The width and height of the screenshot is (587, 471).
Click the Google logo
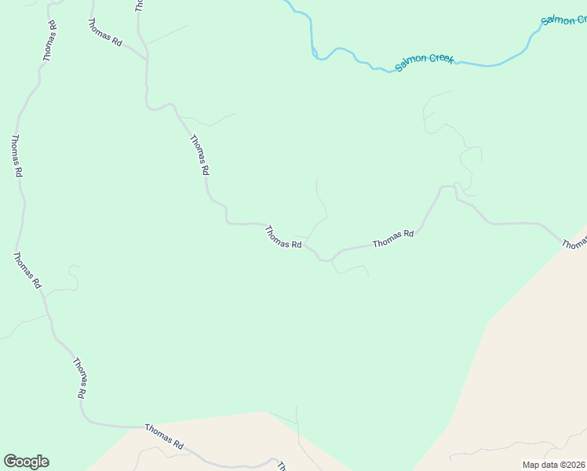point(26,462)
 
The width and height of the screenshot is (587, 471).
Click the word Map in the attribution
point(531,465)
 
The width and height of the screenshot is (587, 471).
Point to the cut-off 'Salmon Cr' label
point(563,20)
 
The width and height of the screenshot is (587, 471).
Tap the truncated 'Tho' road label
point(140,5)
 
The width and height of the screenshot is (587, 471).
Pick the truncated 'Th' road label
point(281,466)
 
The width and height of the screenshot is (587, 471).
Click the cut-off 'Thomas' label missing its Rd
point(574,245)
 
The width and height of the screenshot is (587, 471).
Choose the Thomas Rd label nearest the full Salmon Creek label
point(393,239)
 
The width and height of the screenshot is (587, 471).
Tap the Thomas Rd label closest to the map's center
point(283,237)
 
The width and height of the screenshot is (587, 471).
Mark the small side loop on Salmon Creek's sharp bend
point(315,54)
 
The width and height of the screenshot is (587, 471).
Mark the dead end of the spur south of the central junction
point(369,275)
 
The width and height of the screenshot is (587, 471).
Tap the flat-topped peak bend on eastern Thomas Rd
point(447,186)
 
